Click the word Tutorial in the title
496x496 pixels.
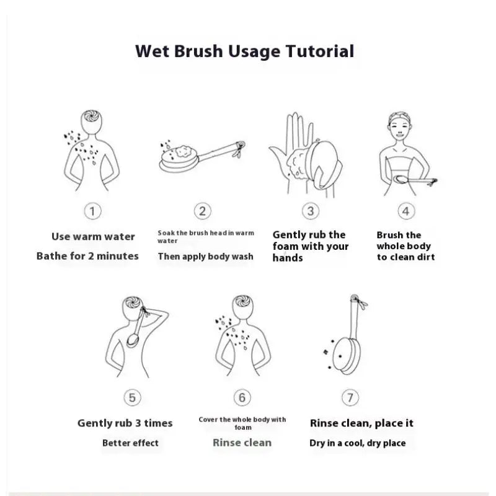tap(320, 51)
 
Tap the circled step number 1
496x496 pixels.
tap(92, 211)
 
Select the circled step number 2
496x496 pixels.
tap(202, 211)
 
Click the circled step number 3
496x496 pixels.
tap(311, 211)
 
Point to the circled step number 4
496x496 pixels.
tap(406, 211)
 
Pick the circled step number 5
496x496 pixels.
tap(132, 397)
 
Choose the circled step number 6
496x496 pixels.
tap(242, 397)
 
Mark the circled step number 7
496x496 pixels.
tap(350, 397)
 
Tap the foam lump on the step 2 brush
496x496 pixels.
tap(183, 151)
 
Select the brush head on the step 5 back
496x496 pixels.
tap(133, 340)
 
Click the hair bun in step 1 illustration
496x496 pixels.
tap(91, 115)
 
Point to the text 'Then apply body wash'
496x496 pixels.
tap(206, 257)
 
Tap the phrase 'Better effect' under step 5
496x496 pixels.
tap(130, 443)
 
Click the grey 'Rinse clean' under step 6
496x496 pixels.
tap(242, 443)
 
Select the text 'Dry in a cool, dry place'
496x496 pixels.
tap(358, 443)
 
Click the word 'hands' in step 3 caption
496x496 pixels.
tap(288, 258)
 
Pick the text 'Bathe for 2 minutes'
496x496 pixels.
tap(87, 256)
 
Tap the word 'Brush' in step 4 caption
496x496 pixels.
tap(389, 236)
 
